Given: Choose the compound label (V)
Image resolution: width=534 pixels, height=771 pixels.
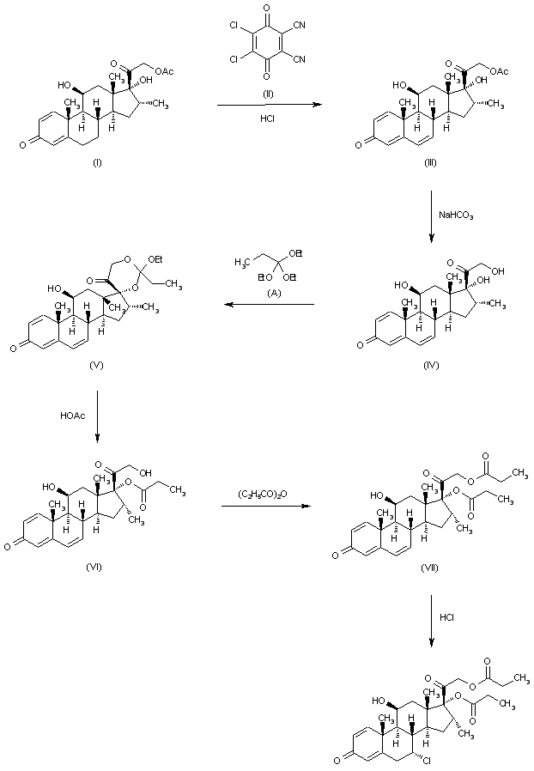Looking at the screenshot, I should (97, 364).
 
